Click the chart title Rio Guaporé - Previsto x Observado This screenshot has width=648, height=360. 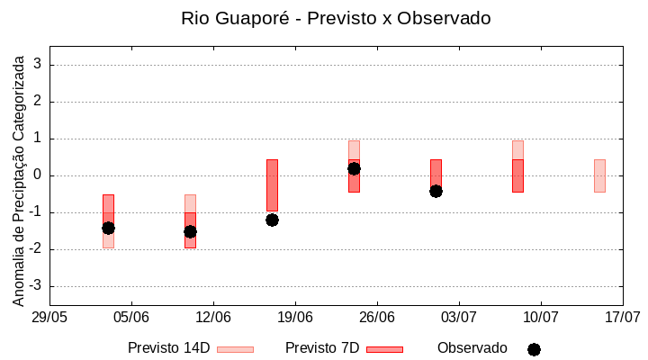(x=336, y=18)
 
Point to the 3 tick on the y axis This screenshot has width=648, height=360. (x=38, y=65)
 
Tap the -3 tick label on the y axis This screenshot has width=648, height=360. (x=35, y=286)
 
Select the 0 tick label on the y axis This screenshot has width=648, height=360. (x=38, y=175)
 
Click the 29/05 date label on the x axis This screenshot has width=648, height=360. (x=49, y=317)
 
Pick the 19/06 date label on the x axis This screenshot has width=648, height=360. (x=295, y=317)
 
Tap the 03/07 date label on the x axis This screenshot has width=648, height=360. (x=459, y=317)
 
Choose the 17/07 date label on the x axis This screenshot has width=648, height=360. (x=622, y=317)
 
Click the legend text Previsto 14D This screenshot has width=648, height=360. (x=168, y=348)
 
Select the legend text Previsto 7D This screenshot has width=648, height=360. (x=322, y=348)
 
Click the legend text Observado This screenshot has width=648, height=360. (x=472, y=348)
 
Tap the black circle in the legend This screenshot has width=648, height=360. (x=534, y=349)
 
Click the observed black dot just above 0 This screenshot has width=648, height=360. (x=354, y=168)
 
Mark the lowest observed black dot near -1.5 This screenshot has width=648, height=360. (x=190, y=231)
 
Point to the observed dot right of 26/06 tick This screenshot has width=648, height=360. (x=436, y=191)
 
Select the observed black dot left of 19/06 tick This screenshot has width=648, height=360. (x=272, y=220)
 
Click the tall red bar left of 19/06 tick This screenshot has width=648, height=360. (x=272, y=184)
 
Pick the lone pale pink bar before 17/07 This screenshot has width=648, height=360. (x=599, y=175)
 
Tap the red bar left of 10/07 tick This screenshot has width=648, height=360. (x=517, y=175)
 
